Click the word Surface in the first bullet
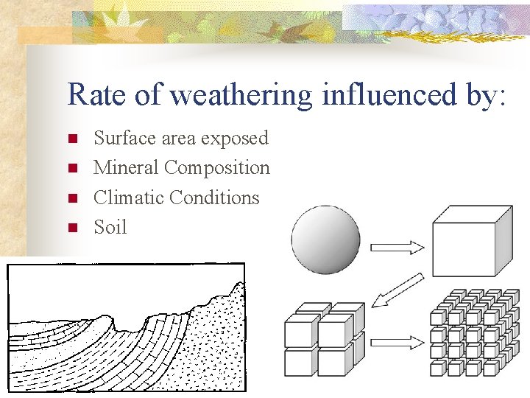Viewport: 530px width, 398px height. (x=123, y=138)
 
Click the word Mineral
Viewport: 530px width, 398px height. (x=126, y=167)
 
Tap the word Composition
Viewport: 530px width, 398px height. (x=217, y=169)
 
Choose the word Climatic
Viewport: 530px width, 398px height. (x=129, y=198)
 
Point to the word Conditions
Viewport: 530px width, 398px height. (x=214, y=198)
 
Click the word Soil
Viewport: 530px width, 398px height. (x=110, y=227)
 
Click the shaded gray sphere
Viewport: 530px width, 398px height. (x=325, y=240)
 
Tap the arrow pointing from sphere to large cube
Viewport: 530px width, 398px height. (x=397, y=247)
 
